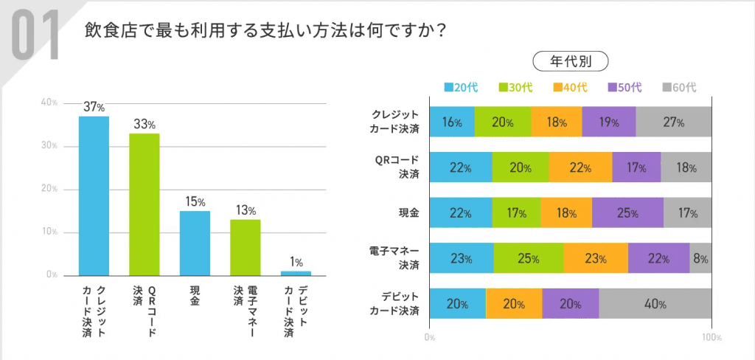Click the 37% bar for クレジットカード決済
[x=94, y=195]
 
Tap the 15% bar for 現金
[x=195, y=243]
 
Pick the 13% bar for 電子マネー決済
[x=245, y=247]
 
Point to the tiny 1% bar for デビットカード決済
[x=296, y=273]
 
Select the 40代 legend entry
[x=570, y=88]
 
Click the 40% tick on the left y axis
[x=49, y=103]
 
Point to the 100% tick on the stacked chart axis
[x=711, y=337]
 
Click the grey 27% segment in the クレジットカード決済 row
[x=673, y=122]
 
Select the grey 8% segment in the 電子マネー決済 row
[x=700, y=258]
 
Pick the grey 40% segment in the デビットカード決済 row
[x=655, y=303]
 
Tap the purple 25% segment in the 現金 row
[x=627, y=212]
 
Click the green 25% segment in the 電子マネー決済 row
[x=529, y=258]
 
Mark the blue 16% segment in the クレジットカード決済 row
[x=451, y=122]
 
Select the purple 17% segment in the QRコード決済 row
[x=636, y=167]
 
